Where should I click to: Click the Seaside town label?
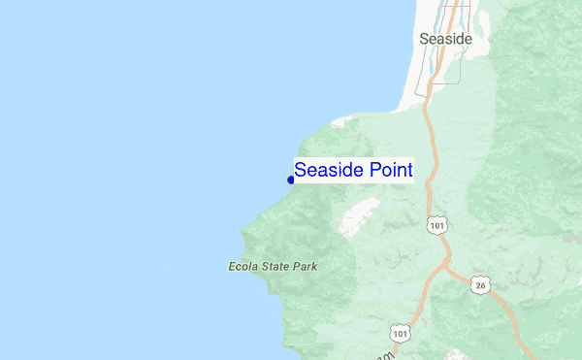click(445, 39)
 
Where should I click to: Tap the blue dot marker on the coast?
click(291, 180)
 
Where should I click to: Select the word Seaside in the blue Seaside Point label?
click(329, 170)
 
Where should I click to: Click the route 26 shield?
click(480, 284)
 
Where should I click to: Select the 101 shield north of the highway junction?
click(436, 225)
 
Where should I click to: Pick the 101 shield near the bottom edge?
click(400, 333)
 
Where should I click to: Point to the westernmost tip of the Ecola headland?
click(243, 233)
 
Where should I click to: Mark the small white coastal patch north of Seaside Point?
click(339, 123)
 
